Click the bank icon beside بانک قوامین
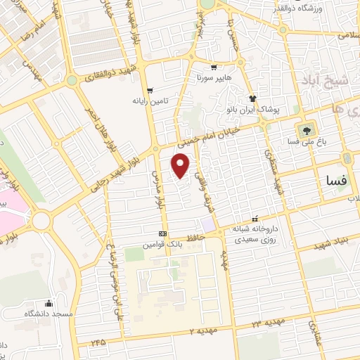[x=163, y=233]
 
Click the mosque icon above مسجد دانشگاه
[x=47, y=302]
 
